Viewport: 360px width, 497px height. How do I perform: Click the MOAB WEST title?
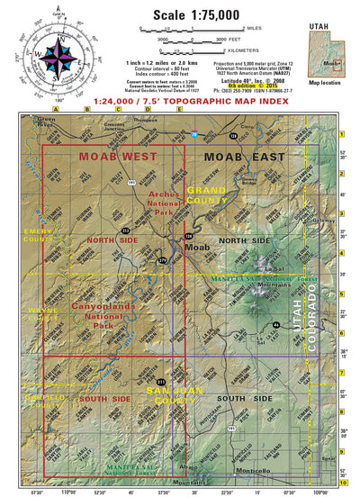(112, 157)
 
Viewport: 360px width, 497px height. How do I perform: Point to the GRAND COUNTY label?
(206, 195)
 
